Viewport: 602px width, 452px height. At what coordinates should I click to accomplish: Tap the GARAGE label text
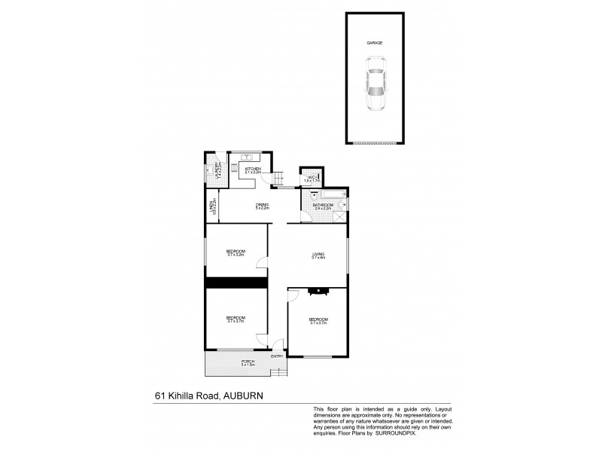[x=375, y=44]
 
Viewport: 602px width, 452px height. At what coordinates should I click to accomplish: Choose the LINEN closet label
[x=212, y=206]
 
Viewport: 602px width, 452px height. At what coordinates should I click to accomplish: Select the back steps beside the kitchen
[x=278, y=179]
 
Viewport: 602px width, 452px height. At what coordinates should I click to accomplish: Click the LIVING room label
[x=318, y=255]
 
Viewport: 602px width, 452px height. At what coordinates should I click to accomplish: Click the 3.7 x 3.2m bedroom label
[x=236, y=253]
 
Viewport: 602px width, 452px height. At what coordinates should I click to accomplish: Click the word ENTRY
[x=277, y=356]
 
